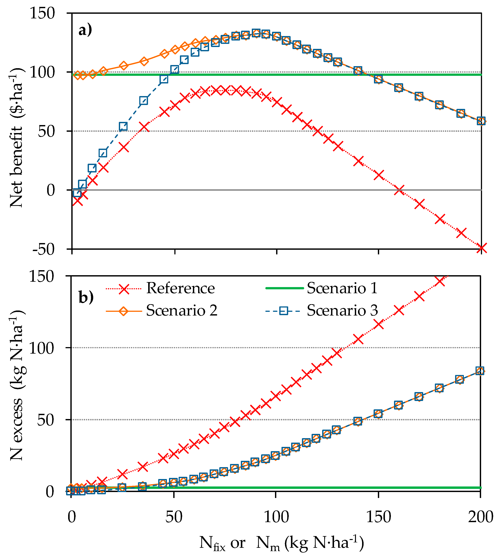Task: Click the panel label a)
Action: [x=85, y=30]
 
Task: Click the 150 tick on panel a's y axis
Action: [x=42, y=13]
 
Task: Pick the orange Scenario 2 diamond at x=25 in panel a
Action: [x=123, y=66]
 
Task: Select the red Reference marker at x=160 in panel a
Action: [x=399, y=190]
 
